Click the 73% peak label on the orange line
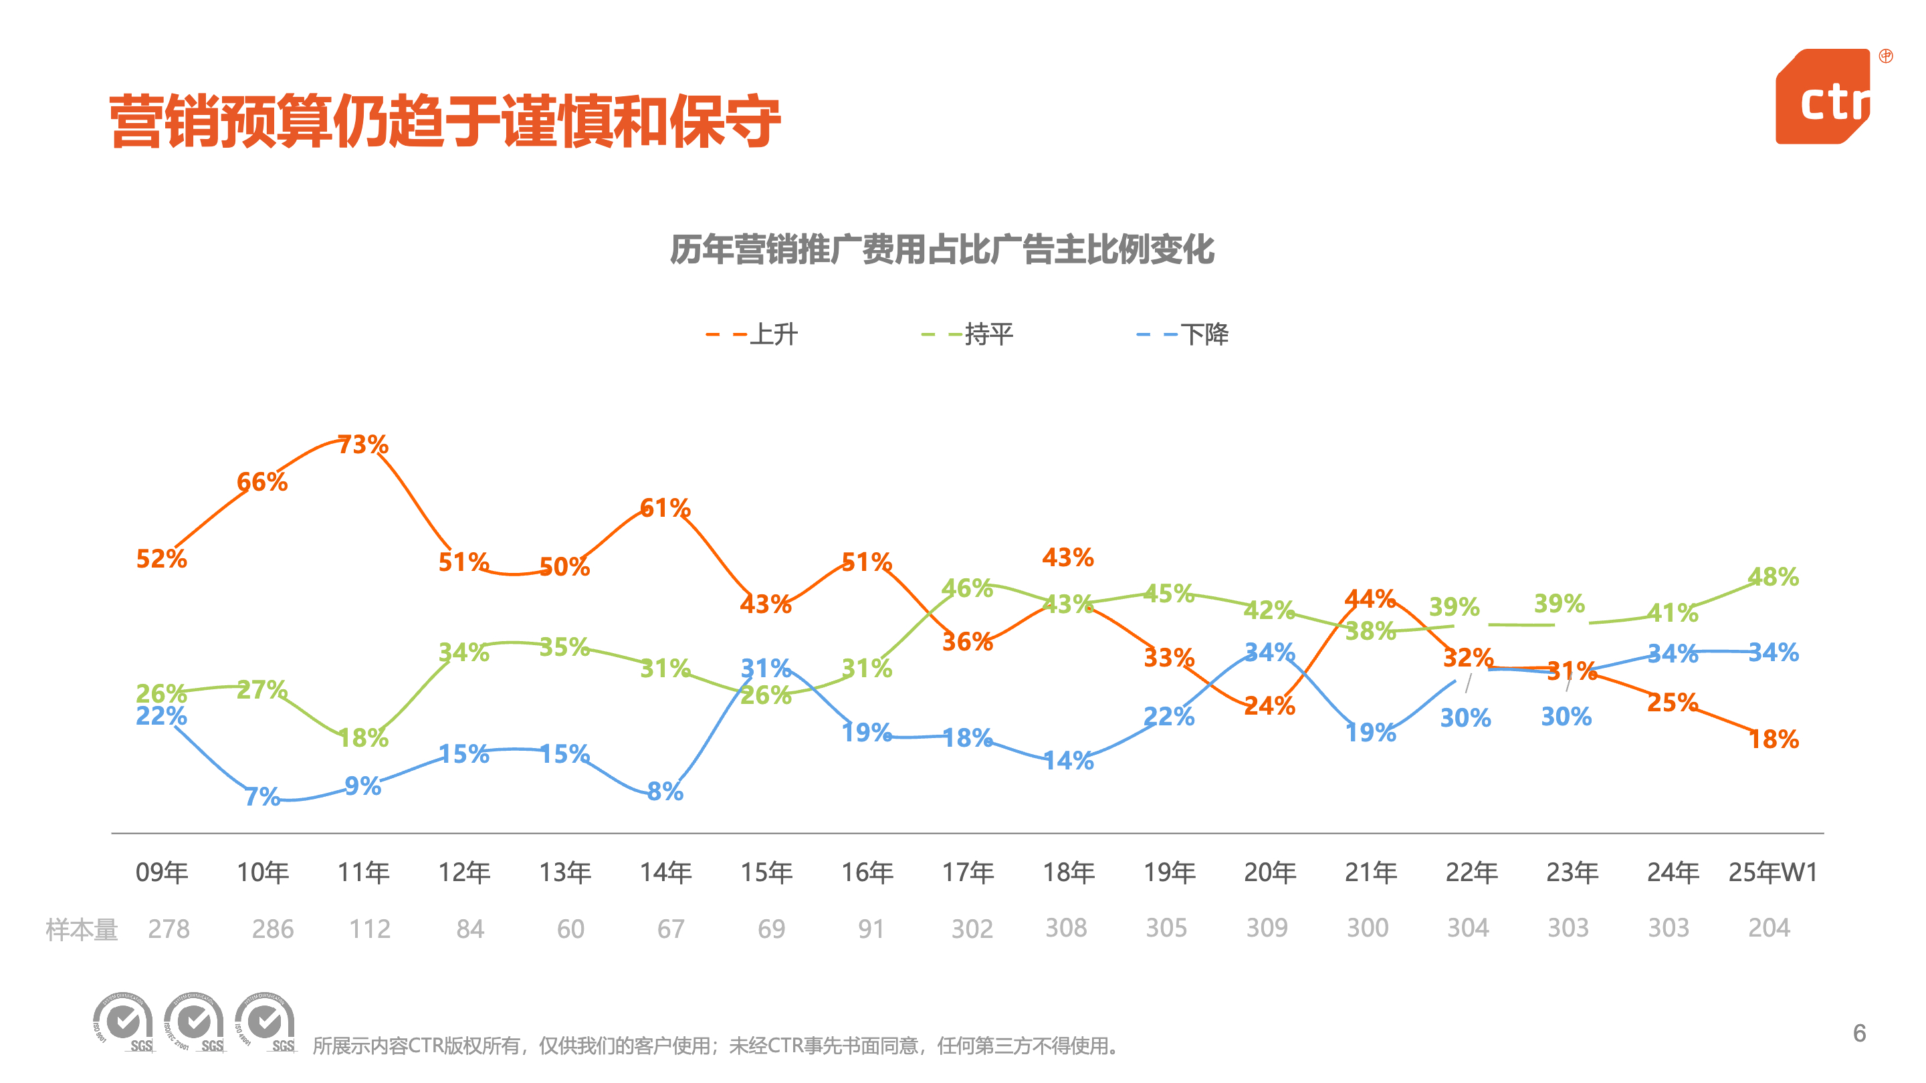(362, 445)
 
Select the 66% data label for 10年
(261, 482)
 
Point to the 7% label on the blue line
(261, 797)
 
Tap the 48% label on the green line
(1773, 577)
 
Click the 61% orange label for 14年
(665, 508)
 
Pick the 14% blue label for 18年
(1069, 761)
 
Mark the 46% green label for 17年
(967, 588)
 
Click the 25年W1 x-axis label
(1772, 872)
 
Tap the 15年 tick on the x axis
(766, 872)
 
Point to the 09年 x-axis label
(161, 872)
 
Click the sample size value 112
(370, 929)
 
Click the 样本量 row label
(82, 930)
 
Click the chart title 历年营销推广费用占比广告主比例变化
(942, 249)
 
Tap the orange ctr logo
(1824, 97)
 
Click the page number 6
(1859, 1033)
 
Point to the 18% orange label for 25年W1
(1774, 740)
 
